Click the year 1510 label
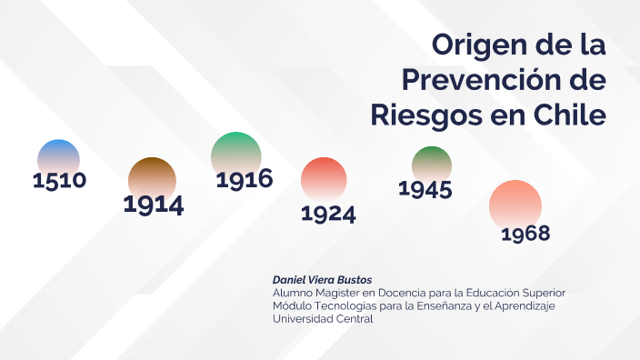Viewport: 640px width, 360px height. tap(59, 180)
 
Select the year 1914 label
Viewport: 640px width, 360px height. tap(154, 205)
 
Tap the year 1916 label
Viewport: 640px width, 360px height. tap(245, 179)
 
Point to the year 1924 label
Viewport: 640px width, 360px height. tap(328, 214)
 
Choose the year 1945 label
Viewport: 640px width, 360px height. tap(425, 189)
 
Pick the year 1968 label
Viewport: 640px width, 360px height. tap(525, 234)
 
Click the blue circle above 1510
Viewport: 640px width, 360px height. tap(58, 156)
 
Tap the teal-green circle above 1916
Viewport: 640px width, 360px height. tap(235, 152)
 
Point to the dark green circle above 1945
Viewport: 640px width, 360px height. tap(432, 163)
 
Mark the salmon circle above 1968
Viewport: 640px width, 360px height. tap(515, 203)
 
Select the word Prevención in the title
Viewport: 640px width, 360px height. tap(478, 80)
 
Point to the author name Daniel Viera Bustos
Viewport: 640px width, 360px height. tap(322, 279)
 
